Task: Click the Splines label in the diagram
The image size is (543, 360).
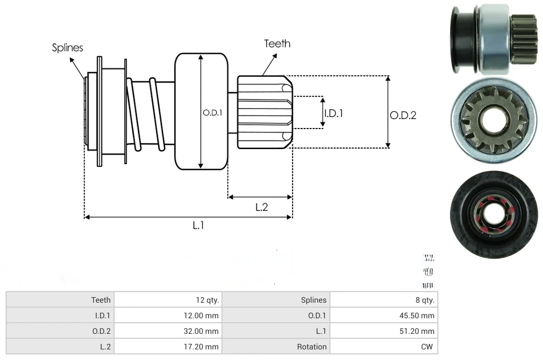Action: click(67, 48)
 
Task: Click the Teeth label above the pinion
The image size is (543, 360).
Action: click(277, 43)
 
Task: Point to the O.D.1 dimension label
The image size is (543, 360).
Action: click(213, 112)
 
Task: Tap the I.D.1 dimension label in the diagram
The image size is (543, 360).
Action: click(333, 113)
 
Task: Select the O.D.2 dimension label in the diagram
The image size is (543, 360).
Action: click(403, 115)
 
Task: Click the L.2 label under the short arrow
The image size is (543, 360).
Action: click(261, 207)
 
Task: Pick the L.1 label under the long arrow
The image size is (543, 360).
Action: click(199, 225)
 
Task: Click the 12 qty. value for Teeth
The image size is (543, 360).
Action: click(208, 300)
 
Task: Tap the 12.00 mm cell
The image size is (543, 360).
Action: click(203, 315)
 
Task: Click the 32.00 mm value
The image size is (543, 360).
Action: click(203, 331)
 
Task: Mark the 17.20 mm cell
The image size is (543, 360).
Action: click(204, 347)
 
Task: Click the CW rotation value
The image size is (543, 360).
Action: click(428, 347)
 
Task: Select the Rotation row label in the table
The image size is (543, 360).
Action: click(312, 347)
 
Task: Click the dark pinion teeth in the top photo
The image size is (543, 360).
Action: click(524, 40)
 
